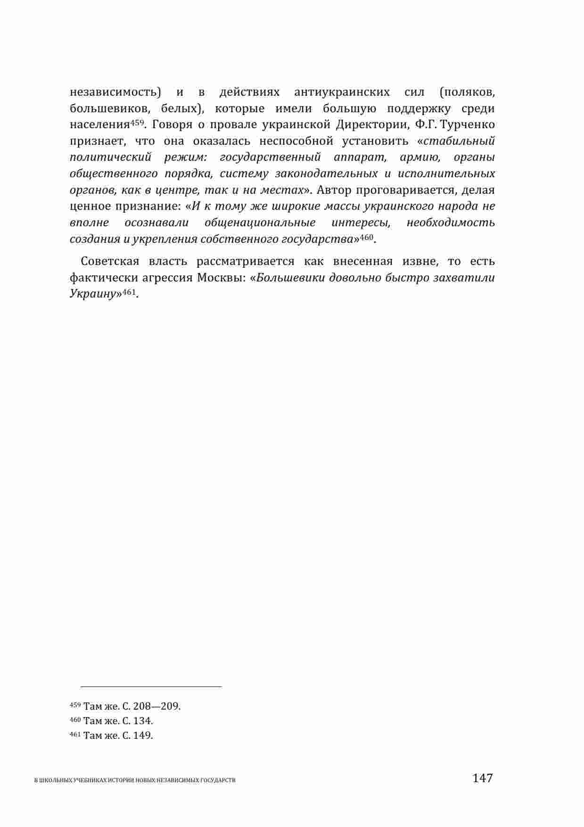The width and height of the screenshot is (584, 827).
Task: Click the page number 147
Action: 482,778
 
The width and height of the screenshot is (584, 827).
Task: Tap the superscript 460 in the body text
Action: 367,236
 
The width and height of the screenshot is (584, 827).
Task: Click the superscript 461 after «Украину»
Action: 129,290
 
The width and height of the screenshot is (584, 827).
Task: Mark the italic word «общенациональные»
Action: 260,222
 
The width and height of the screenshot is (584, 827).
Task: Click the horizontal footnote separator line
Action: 151,687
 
